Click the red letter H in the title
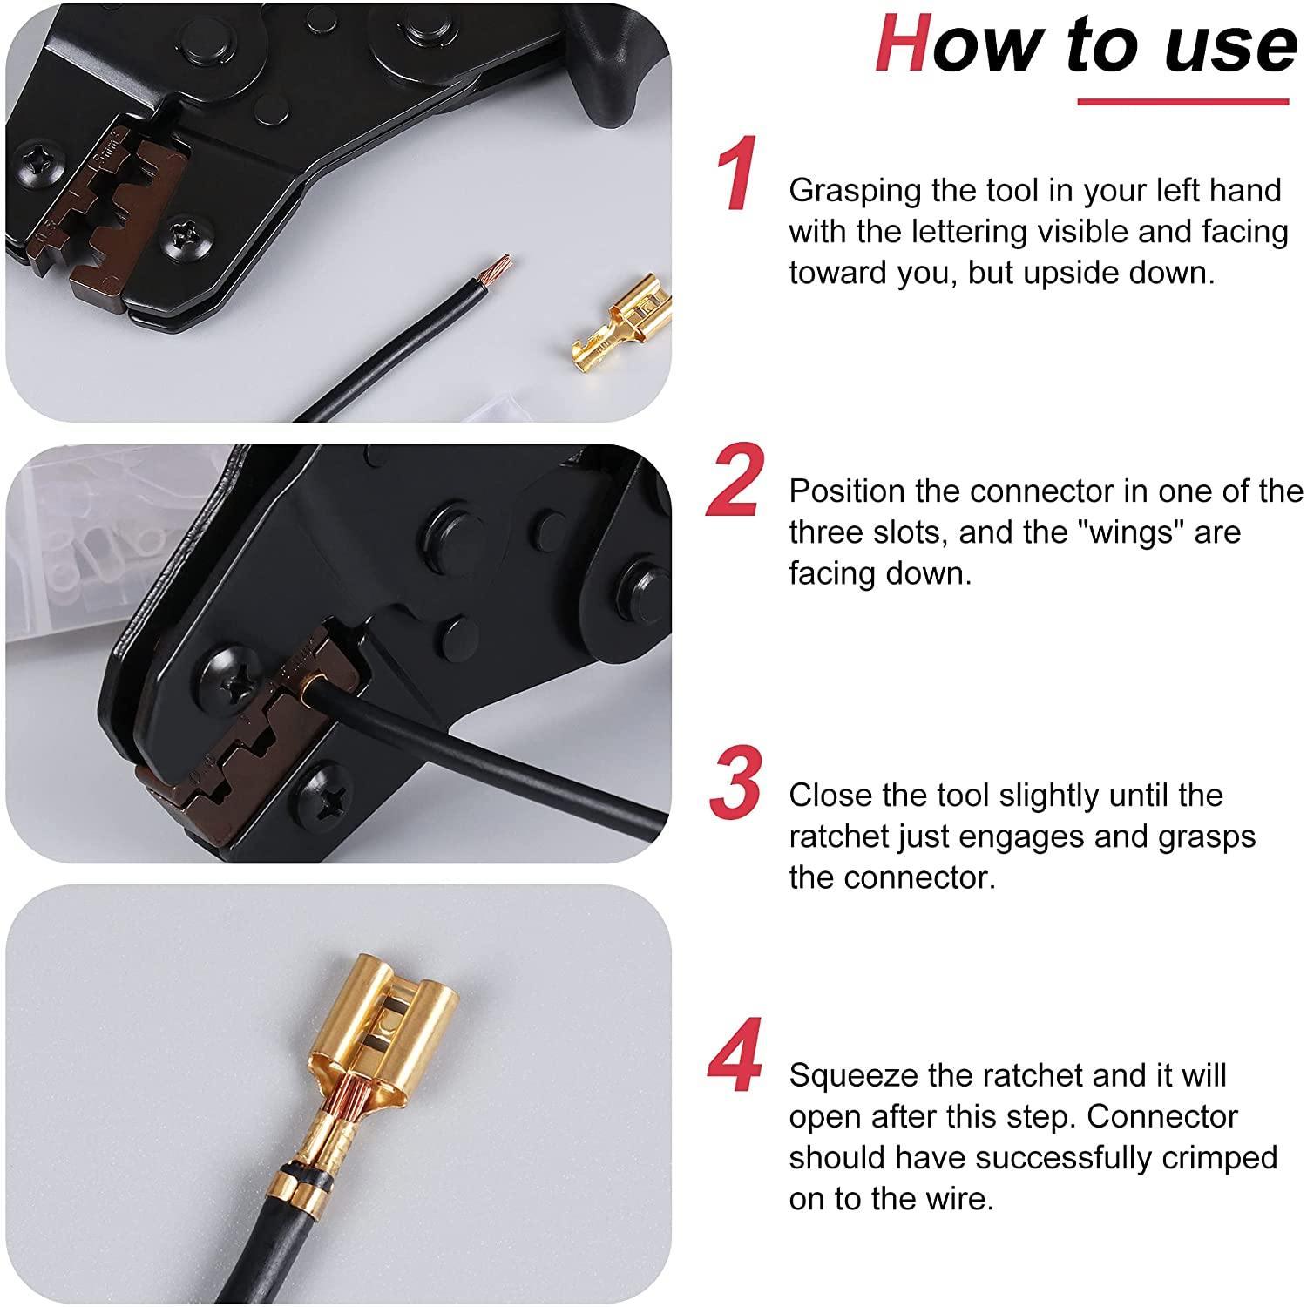[904, 45]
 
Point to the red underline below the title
[1182, 103]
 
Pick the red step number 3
[735, 783]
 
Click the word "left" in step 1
[1173, 191]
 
